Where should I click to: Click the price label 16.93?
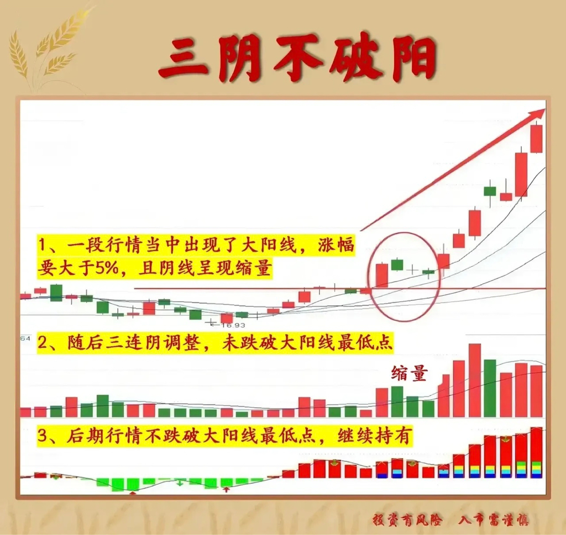(233, 325)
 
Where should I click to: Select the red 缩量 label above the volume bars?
(410, 373)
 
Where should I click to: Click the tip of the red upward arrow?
(545, 109)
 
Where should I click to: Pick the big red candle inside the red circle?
(382, 276)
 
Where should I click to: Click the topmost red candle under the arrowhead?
(536, 139)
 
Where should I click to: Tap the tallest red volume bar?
(475, 380)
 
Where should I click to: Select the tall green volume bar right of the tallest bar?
(490, 388)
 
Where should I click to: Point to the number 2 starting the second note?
(43, 343)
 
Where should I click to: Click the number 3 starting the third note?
(43, 437)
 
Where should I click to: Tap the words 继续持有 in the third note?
(374, 436)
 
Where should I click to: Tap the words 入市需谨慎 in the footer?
(493, 520)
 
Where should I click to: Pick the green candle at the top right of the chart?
(490, 190)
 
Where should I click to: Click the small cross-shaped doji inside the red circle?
(412, 269)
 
